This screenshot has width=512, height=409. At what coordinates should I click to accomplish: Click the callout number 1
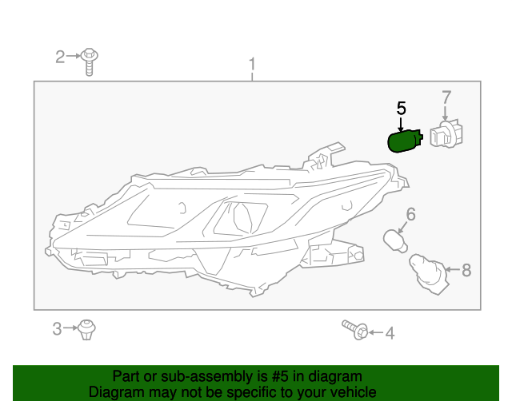coord(252,64)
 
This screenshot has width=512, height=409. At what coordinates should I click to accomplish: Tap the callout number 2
coord(60,57)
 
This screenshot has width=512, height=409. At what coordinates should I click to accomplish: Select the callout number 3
coord(57,328)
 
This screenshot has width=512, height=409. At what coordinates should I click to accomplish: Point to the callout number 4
coord(390,334)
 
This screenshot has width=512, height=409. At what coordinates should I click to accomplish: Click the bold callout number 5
coord(402,107)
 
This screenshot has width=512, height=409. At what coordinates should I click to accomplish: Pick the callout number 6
coord(410,214)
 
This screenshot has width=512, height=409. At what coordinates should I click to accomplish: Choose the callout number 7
coord(447,98)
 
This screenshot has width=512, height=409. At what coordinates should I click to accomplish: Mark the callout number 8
coord(466,271)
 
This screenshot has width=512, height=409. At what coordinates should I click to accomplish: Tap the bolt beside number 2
coord(90,62)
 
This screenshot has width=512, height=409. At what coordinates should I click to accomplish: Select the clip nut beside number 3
coord(86,328)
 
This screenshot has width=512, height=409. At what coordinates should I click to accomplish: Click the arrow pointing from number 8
coord(450,271)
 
